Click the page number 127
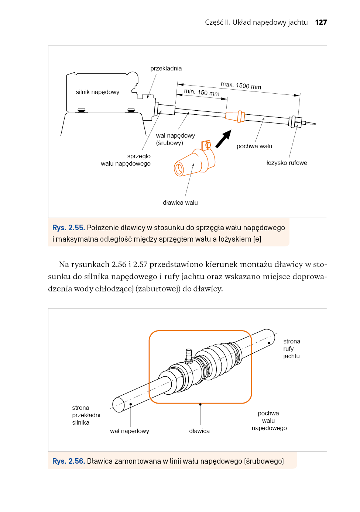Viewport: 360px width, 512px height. click(x=320, y=22)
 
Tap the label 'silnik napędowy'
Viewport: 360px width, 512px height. click(x=97, y=92)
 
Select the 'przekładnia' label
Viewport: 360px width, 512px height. click(x=166, y=68)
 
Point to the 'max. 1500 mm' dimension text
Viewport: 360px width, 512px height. click(x=241, y=86)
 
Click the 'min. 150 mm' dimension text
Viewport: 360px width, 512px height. click(x=202, y=92)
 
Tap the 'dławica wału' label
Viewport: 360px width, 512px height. click(x=180, y=203)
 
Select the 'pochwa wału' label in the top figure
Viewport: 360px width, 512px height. click(x=254, y=146)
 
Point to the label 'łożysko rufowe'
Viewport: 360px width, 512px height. click(x=287, y=163)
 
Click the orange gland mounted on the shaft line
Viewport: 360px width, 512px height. click(x=235, y=116)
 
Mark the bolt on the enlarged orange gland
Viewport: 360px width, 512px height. click(x=208, y=145)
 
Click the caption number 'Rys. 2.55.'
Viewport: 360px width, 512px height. click(x=69, y=228)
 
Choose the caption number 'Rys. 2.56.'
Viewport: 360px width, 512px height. click(x=69, y=461)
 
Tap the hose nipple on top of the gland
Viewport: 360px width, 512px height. click(x=189, y=356)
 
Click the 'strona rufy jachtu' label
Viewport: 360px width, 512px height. click(x=292, y=349)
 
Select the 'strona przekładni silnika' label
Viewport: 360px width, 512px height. click(x=86, y=415)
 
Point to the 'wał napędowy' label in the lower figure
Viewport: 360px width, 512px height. click(x=130, y=431)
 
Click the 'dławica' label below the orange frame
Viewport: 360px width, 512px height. click(x=199, y=431)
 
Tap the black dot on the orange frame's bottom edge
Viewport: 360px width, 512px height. click(x=200, y=404)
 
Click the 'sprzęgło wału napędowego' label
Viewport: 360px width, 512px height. click(x=126, y=160)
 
